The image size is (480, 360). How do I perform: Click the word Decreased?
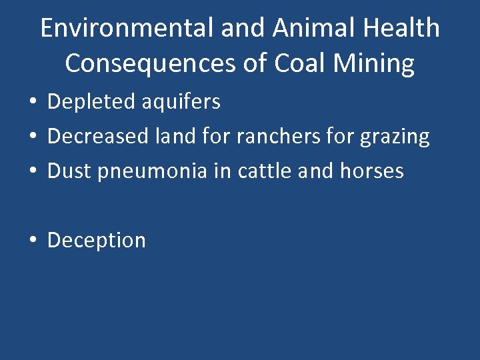tap(98, 137)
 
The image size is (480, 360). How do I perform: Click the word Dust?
tap(71, 171)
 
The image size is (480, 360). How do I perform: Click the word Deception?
tap(97, 241)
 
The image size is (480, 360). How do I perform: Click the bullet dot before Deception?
tap(33, 241)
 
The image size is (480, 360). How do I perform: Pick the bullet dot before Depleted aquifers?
tap(33, 103)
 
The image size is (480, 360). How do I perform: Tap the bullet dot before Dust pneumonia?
tap(33, 172)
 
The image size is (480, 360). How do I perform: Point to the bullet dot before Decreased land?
tap(33, 137)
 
